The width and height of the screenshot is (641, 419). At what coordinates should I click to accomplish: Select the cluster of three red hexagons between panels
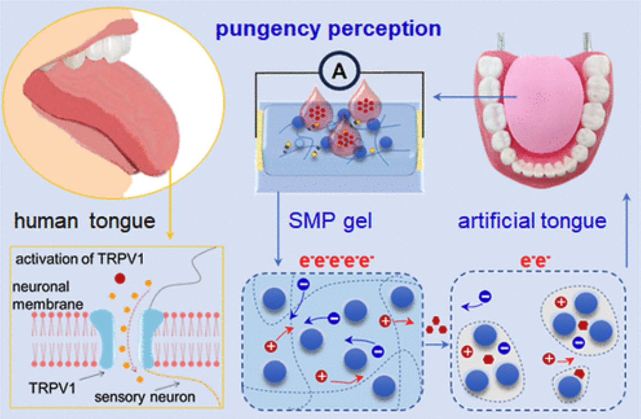(435, 327)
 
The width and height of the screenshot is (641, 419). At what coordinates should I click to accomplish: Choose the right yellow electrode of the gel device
(420, 141)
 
